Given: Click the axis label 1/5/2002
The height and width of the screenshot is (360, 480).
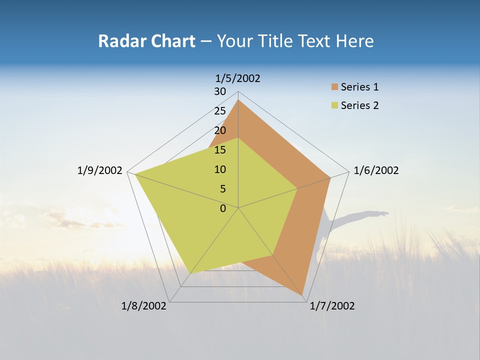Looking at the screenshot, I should pyautogui.click(x=238, y=78).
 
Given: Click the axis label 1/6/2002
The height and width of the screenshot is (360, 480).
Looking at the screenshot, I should pyautogui.click(x=376, y=170).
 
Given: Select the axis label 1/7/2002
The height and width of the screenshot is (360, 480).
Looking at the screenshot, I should pyautogui.click(x=332, y=306).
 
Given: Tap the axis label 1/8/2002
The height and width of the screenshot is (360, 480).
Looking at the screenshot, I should pyautogui.click(x=144, y=306).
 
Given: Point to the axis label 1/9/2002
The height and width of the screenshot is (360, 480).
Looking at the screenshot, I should pyautogui.click(x=100, y=170).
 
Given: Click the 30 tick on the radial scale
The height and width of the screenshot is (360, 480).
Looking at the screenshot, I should pyautogui.click(x=220, y=91).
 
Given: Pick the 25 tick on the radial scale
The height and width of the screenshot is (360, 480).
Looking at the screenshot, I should pyautogui.click(x=220, y=111).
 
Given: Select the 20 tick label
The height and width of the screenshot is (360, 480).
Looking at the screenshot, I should pyautogui.click(x=220, y=130).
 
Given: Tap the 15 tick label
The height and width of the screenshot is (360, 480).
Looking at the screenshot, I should pyautogui.click(x=220, y=150).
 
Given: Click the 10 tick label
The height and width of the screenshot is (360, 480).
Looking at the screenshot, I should pyautogui.click(x=220, y=169).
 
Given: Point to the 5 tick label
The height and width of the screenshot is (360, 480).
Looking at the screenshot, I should pyautogui.click(x=222, y=189).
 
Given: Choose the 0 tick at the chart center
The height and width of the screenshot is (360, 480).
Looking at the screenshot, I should pyautogui.click(x=223, y=208).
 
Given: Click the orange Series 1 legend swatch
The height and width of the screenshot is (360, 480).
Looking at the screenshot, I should pyautogui.click(x=334, y=87).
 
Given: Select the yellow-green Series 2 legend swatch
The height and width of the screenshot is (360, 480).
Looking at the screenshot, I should pyautogui.click(x=334, y=105).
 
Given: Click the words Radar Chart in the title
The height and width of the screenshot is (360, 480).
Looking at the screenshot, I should pyautogui.click(x=146, y=41).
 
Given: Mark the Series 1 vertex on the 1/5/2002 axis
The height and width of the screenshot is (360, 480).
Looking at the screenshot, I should pyautogui.click(x=238, y=100).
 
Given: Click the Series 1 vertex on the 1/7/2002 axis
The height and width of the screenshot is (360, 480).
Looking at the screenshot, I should pyautogui.click(x=302, y=295).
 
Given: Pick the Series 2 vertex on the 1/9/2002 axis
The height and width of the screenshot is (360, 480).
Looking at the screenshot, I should pyautogui.click(x=134, y=173).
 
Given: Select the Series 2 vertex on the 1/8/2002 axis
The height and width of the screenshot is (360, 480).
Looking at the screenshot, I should pyautogui.click(x=191, y=272).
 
